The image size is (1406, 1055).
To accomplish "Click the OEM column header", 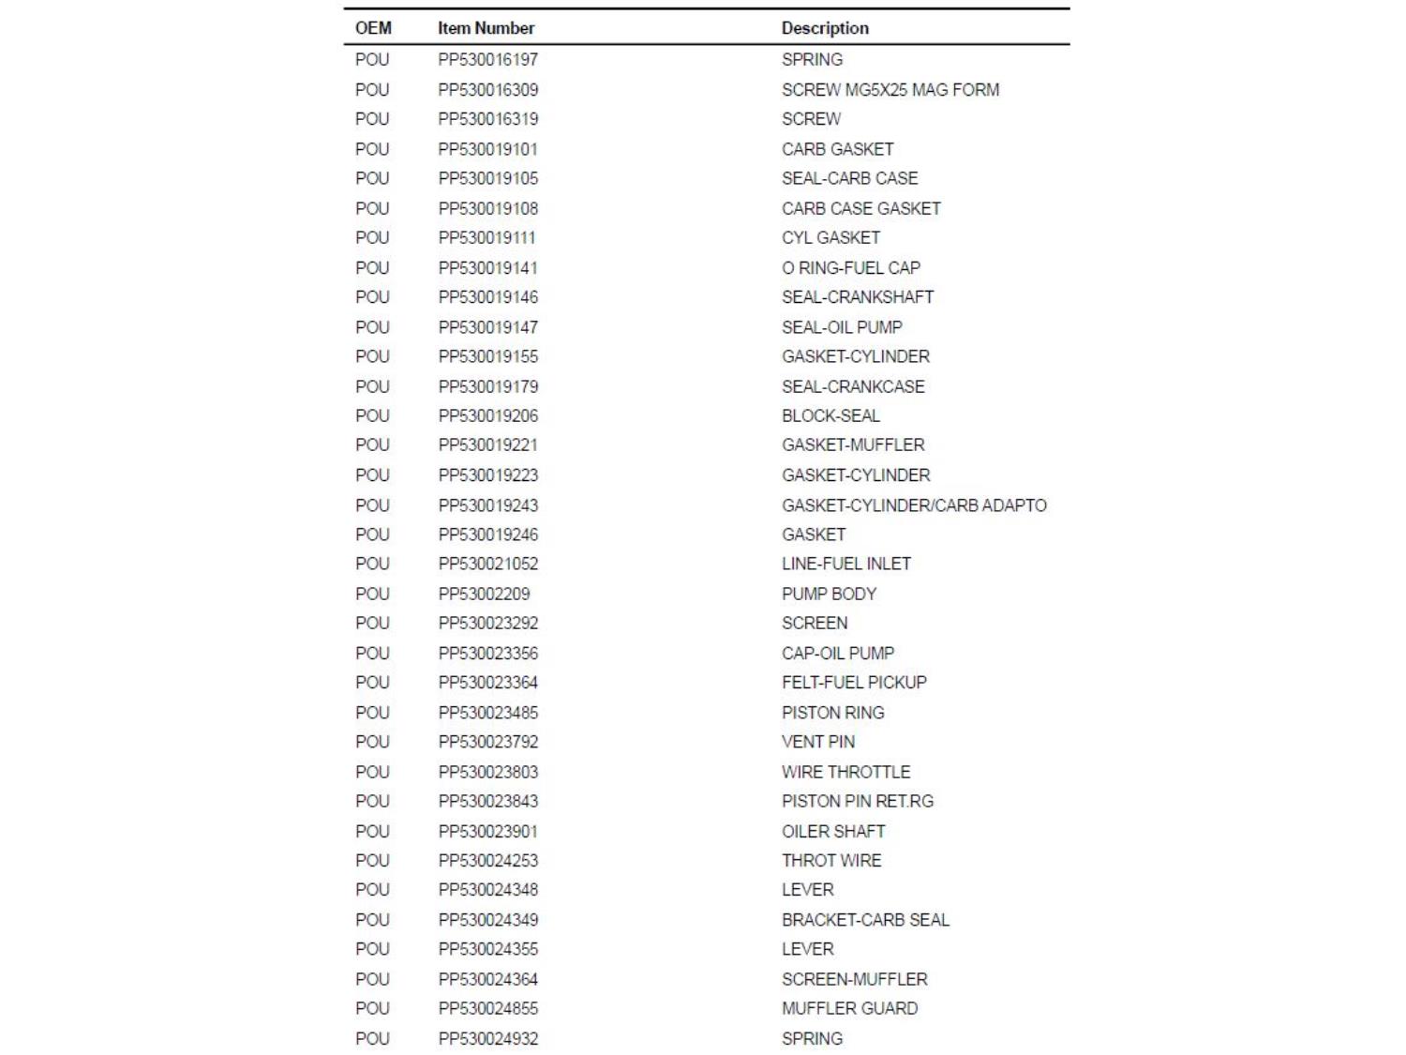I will pos(373,28).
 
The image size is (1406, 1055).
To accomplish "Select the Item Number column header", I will pos(486,28).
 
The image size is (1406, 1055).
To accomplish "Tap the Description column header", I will pos(825,28).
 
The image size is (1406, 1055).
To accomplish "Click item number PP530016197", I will pos(487,60).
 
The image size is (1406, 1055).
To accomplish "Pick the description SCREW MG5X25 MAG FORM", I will pos(890,90).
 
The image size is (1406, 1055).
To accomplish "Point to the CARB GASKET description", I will pos(837,149).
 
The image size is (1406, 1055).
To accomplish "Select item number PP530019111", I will pos(486,238).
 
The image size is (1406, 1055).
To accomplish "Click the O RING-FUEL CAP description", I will pos(850,268).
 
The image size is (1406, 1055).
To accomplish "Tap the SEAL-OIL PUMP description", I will pos(842,327).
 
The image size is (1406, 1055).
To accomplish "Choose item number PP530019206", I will pos(487,415).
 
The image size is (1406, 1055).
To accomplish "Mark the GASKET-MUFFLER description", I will pos(853,445).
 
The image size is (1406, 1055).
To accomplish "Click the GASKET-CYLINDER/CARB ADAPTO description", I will pos(914,505).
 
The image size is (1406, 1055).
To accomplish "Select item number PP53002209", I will pos(484,594).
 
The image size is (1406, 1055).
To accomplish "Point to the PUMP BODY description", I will pos(829,594).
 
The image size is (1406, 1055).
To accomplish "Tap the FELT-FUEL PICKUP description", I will pos(854,683).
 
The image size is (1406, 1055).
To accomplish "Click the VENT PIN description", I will pos(817,742).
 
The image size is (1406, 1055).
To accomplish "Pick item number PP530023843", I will pos(487,802).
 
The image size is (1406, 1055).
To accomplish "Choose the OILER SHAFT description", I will pos(833,832).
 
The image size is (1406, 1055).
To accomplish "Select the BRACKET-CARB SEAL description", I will pos(865,920).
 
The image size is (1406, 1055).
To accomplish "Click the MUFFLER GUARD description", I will pos(849,1009).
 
